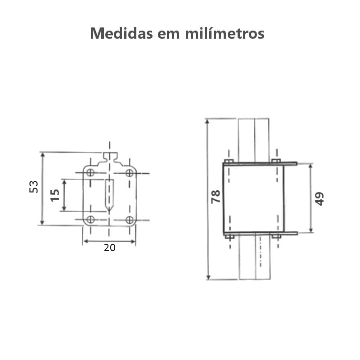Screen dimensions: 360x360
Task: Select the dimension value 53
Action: (34, 187)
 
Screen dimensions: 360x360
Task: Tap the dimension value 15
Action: (55, 195)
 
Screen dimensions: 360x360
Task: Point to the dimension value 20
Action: (109, 247)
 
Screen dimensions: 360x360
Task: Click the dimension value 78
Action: (216, 197)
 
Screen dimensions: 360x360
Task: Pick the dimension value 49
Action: (319, 198)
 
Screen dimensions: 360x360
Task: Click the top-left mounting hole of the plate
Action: (90, 173)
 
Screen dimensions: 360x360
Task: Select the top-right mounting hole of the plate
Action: (129, 173)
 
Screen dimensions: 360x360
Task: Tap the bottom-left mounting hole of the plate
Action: (90, 220)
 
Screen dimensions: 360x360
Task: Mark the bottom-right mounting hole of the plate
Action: (130, 220)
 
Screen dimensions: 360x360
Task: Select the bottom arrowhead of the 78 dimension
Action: (208, 276)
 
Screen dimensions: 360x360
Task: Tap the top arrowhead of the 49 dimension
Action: (310, 167)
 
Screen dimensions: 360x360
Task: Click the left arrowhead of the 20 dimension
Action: (85, 242)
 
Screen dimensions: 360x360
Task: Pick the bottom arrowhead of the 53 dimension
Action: (43, 222)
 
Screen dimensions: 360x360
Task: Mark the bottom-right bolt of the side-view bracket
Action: (276, 236)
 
